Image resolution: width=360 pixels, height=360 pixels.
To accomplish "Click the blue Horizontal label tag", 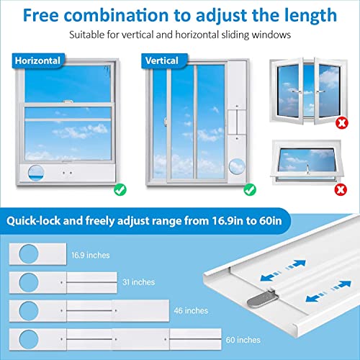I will pyautogui.click(x=36, y=61).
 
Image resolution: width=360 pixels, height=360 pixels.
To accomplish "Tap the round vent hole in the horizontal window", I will pyautogui.click(x=34, y=171).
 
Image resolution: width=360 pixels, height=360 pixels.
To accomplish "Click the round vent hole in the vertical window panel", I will pyautogui.click(x=235, y=166).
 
